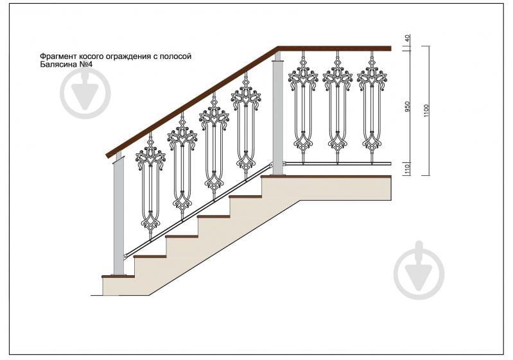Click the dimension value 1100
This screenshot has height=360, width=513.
[x=426, y=111]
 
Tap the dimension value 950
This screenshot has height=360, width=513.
[x=407, y=107]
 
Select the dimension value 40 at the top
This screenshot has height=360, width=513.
[x=407, y=39]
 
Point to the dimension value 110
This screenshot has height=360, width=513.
[x=407, y=169]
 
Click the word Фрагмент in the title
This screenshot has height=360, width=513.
[x=56, y=56]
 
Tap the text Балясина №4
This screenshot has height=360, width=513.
[x=66, y=64]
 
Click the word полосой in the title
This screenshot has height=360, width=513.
[x=177, y=56]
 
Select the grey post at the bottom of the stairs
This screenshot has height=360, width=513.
[x=118, y=216]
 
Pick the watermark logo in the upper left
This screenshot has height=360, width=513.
[x=85, y=93]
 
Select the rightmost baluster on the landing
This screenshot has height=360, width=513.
[x=372, y=107]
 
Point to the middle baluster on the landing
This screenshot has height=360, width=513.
[x=337, y=107]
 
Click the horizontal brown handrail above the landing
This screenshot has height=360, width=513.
[x=335, y=49]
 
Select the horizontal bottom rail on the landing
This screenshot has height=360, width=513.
[x=337, y=163]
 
